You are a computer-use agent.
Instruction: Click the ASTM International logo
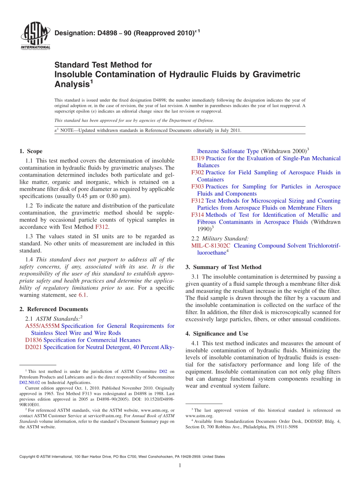coord(35,36)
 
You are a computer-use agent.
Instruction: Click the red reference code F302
coord(197,172)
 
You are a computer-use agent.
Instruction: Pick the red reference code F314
coord(197,215)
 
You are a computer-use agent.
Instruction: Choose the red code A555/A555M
coord(42,326)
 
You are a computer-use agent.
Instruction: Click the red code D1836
coord(33,340)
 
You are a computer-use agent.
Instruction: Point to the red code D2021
coord(33,347)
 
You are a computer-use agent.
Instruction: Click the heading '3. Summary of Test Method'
coord(223,267)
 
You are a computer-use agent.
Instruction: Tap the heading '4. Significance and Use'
coord(217,333)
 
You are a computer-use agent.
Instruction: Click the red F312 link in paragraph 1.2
coord(102,227)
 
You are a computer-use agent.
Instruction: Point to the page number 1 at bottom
coord(180,465)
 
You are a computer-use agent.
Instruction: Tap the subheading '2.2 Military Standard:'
coord(220,238)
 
